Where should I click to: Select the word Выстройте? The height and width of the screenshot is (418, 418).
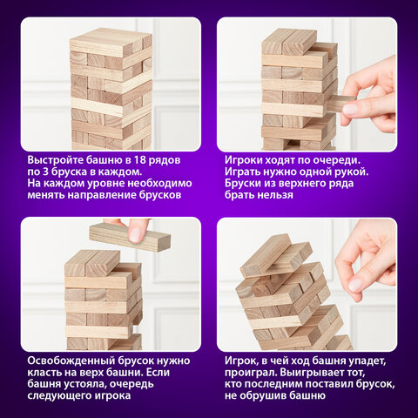pos(51,160)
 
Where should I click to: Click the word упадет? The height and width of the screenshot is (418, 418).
pos(368,361)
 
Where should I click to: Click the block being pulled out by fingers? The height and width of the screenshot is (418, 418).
pos(342,104)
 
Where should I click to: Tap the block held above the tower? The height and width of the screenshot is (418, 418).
pos(130,238)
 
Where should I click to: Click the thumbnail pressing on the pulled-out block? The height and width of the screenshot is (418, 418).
pos(350,109)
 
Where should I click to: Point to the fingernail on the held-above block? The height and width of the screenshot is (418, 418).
pos(134,235)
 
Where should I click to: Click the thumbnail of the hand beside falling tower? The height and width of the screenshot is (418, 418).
pos(355,285)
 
